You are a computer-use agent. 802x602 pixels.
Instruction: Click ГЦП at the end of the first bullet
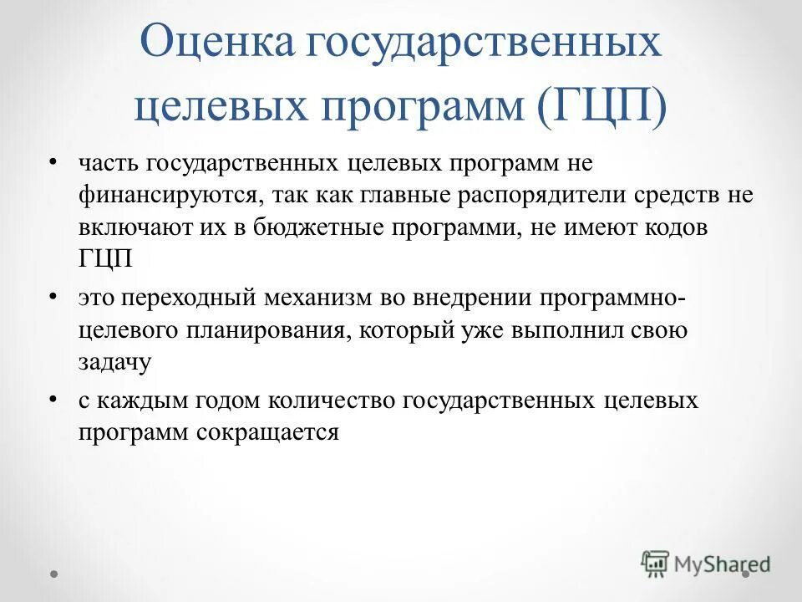pyautogui.click(x=106, y=258)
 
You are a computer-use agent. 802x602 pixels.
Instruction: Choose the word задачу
pyautogui.click(x=115, y=362)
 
